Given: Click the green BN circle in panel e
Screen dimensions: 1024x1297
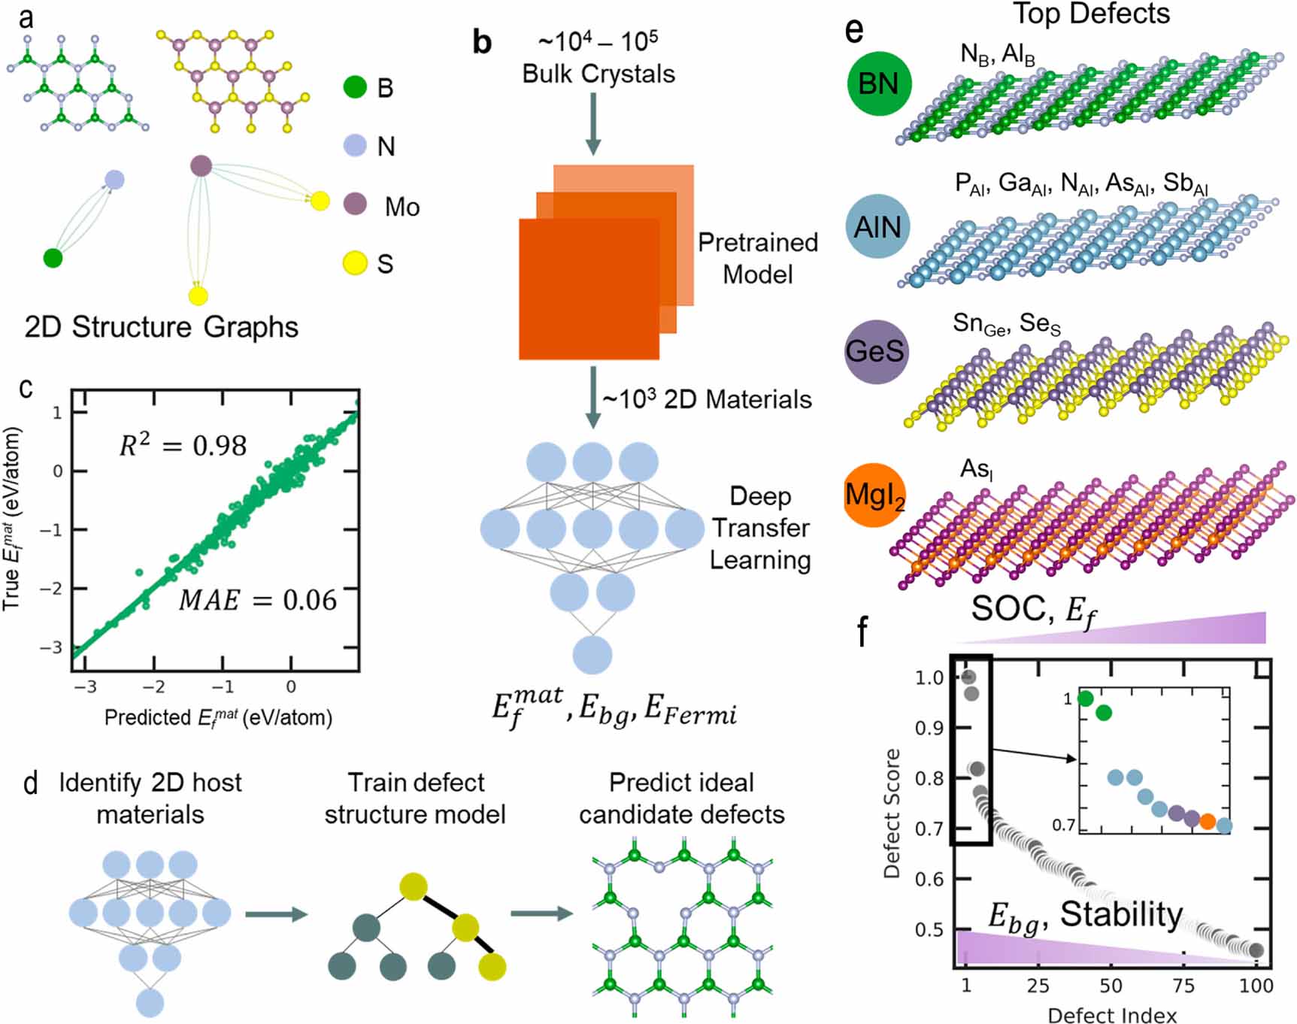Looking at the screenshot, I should tap(879, 83).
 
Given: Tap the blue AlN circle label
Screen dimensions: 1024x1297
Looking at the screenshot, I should tap(877, 226).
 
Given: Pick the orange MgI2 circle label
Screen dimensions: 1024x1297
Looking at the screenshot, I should tap(874, 495).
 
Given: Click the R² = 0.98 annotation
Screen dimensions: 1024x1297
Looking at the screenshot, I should tap(183, 445).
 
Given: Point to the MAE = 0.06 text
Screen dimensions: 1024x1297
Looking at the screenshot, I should tap(258, 600).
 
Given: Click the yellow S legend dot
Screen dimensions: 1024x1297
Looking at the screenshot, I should tap(355, 263).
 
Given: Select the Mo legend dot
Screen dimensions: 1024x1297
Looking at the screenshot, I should tap(355, 204).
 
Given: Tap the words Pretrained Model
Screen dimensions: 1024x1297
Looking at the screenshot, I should tap(757, 258).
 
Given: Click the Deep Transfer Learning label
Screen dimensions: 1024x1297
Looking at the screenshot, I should tap(760, 528).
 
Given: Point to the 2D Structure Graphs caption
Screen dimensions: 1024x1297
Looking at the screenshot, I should tap(161, 327).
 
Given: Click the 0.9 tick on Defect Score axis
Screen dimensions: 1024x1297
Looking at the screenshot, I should tap(929, 728).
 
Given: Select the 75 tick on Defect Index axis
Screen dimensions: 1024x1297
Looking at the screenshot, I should tap(1183, 986).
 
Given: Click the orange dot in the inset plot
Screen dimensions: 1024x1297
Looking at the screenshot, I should tap(1208, 821).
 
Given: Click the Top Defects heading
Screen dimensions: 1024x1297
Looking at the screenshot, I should tap(1091, 14).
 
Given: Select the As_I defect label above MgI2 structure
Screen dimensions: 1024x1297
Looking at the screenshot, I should tap(977, 470).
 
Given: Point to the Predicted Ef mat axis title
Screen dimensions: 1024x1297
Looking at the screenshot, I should tap(218, 718).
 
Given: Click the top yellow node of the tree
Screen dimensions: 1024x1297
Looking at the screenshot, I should tap(414, 887).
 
